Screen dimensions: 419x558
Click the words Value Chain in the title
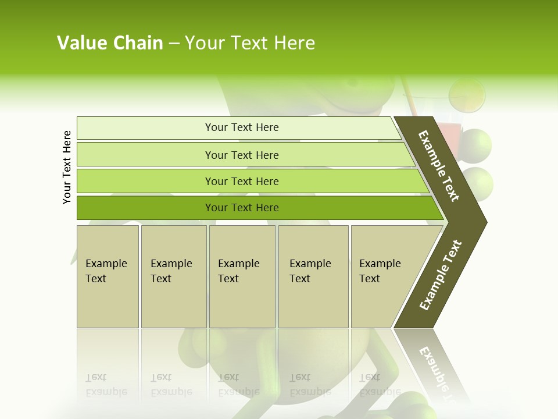[110, 43]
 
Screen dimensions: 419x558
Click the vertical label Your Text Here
[67, 167]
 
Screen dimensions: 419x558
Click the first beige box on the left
[108, 276]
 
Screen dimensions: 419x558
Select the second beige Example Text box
[173, 276]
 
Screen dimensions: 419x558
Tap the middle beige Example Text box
[242, 276]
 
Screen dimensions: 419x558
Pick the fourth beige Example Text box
[313, 276]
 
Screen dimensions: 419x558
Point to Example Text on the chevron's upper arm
[439, 166]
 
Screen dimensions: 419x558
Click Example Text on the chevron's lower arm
[441, 275]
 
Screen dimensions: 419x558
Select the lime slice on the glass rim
[468, 95]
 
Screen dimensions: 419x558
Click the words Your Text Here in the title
[250, 43]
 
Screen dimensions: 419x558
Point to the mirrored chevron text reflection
[436, 372]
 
